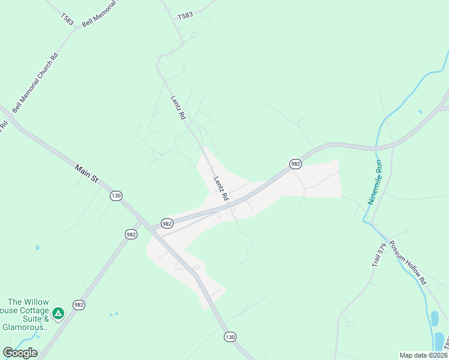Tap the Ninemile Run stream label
(x=375, y=183)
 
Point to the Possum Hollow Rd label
(x=408, y=263)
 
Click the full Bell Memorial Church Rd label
(x=35, y=82)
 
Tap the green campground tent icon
(x=58, y=313)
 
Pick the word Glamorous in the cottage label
(x=26, y=327)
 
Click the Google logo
(x=20, y=353)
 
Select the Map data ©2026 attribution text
(x=423, y=355)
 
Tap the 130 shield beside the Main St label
(x=116, y=196)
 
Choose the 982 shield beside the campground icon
(x=79, y=305)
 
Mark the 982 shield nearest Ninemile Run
(x=295, y=164)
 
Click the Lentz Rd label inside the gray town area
(x=221, y=188)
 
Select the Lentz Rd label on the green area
(x=178, y=108)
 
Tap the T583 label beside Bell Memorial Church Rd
(x=67, y=19)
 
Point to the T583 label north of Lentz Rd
(x=185, y=16)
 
